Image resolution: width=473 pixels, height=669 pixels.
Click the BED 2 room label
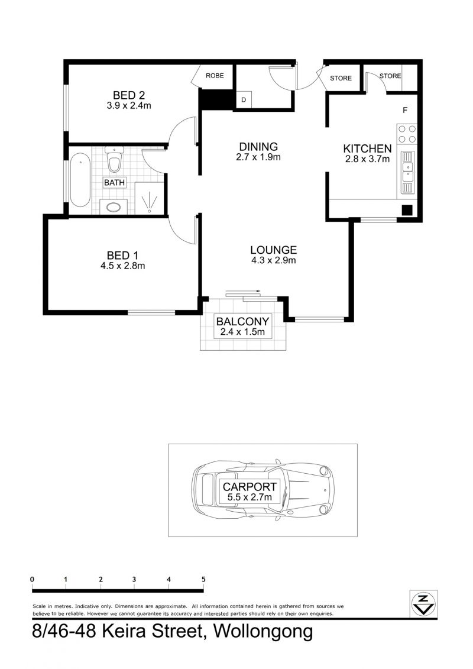pos(129,95)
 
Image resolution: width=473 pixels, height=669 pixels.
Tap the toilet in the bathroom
pos(114,159)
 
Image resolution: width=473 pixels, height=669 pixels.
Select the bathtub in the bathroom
pos(80,180)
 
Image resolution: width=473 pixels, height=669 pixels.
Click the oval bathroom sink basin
pos(114,208)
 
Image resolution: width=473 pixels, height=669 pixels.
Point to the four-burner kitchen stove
pos(406,134)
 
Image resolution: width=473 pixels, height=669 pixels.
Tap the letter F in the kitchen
pos(405,110)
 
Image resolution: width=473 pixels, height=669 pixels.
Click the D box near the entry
pos(244,100)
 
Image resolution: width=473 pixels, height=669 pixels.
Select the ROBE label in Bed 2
pos(215,76)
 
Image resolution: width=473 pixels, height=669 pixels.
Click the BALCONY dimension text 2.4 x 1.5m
pos(242,331)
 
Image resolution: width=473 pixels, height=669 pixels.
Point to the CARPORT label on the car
pos(250,486)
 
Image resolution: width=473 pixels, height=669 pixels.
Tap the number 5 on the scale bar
pos(203,579)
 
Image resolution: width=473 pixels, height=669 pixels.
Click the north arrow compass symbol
pos(423,604)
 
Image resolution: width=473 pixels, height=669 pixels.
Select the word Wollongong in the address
pos(263,631)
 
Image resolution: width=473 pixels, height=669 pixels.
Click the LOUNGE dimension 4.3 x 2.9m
pos(273,260)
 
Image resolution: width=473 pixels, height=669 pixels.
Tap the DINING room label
pos(258,146)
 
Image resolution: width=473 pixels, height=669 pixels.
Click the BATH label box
pos(114,183)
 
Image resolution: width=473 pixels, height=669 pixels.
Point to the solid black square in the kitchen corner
pos(407,210)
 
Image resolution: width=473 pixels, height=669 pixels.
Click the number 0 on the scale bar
pos(33,579)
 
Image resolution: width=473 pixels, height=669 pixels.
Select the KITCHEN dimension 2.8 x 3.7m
pos(367,159)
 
